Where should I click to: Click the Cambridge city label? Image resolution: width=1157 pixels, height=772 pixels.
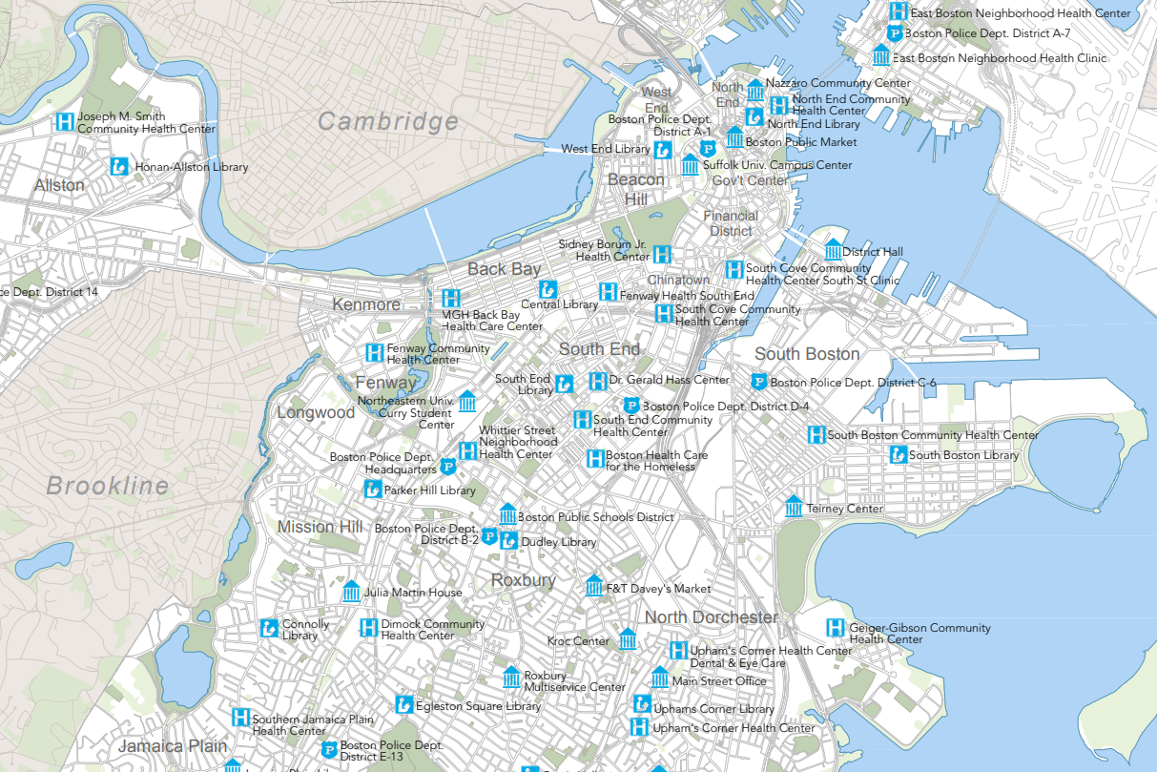click(387, 122)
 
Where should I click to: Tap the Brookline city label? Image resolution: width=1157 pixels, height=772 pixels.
click(107, 486)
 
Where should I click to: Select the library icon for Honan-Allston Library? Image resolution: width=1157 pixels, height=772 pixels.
click(119, 166)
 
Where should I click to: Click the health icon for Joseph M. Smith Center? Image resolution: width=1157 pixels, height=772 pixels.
click(65, 122)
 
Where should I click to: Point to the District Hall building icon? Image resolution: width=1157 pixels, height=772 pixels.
click(833, 250)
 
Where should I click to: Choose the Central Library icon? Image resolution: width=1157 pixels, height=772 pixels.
click(548, 288)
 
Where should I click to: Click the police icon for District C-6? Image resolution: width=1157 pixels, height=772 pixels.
click(758, 383)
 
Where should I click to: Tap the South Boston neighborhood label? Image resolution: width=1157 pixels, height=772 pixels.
click(807, 354)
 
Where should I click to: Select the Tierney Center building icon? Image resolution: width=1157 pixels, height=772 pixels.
click(794, 507)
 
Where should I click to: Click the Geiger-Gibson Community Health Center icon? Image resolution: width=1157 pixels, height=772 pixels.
click(836, 628)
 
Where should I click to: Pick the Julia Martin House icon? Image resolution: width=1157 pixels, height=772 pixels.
click(351, 592)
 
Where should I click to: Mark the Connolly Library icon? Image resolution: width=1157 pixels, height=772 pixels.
click(269, 628)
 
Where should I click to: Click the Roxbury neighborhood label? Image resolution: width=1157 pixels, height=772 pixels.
click(523, 580)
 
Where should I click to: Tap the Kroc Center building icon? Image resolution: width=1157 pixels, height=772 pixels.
click(627, 639)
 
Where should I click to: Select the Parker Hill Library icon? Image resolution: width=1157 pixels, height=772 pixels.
click(372, 490)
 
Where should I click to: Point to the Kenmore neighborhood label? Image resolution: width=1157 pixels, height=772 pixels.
click(366, 304)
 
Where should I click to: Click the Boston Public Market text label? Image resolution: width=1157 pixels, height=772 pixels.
click(800, 142)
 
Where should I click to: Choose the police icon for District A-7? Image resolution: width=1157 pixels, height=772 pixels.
click(895, 33)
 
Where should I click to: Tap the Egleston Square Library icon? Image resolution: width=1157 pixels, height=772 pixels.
click(404, 705)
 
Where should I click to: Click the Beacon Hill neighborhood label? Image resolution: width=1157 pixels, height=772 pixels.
click(636, 189)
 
